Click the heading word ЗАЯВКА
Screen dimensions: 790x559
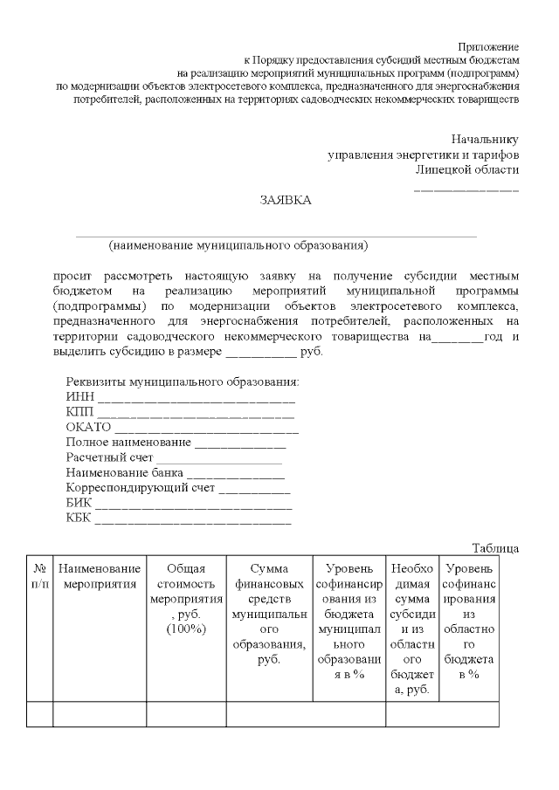point(285,200)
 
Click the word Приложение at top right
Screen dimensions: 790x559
point(488,45)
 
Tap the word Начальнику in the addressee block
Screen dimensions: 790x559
point(485,140)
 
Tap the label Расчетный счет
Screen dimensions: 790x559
point(109,457)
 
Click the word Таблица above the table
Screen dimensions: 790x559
point(495,548)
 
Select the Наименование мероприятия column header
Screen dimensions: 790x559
point(100,576)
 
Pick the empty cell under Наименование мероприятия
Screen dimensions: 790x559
point(100,714)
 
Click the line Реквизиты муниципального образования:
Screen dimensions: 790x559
point(183,382)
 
